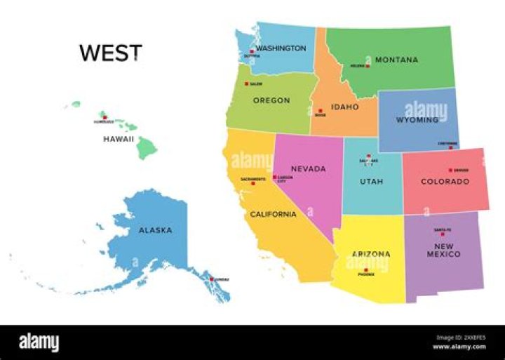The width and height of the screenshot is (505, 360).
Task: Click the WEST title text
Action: [110, 53]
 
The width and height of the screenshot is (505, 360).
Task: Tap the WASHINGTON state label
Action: [281, 48]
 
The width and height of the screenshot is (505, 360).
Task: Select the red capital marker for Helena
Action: [368, 66]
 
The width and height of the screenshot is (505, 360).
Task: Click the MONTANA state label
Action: [396, 60]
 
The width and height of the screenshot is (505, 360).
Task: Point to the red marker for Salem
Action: [246, 84]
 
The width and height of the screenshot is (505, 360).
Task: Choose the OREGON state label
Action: [271, 100]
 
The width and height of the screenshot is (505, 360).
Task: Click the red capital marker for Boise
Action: [320, 111]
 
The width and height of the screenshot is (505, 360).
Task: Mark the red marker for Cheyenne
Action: [451, 147]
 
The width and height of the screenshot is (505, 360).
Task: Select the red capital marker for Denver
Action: [450, 170]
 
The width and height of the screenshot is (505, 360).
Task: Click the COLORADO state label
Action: [445, 182]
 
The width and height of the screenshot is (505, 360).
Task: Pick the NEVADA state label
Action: [309, 169]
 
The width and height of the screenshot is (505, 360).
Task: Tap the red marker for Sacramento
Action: [253, 183]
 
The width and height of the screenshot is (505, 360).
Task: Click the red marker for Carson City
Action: [274, 178]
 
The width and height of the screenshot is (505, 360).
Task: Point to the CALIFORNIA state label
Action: [274, 214]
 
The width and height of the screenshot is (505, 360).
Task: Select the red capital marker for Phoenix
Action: [365, 270]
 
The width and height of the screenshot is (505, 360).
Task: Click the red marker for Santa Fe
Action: [442, 234]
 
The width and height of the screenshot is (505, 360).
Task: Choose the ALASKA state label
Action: [155, 230]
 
